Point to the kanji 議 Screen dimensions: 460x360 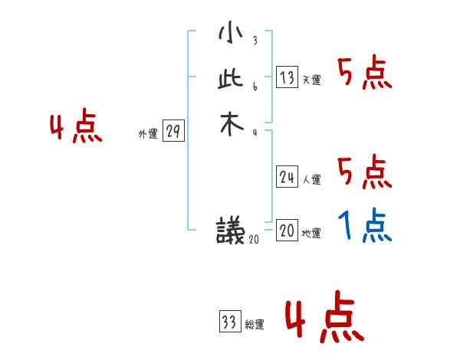click(x=230, y=230)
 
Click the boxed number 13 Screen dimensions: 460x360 click(x=287, y=77)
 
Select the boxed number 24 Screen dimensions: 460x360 click(x=287, y=178)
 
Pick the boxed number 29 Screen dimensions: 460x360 click(x=173, y=132)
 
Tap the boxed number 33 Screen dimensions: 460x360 click(x=228, y=322)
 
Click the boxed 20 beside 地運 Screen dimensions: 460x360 click(x=287, y=231)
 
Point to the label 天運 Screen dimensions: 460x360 click(x=311, y=80)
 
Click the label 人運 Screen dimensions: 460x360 click(x=311, y=181)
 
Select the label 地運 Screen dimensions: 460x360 click(x=311, y=234)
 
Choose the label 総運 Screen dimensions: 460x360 click(x=254, y=325)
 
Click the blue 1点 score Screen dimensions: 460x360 click(x=365, y=226)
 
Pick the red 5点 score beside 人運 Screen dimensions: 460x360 click(x=365, y=172)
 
